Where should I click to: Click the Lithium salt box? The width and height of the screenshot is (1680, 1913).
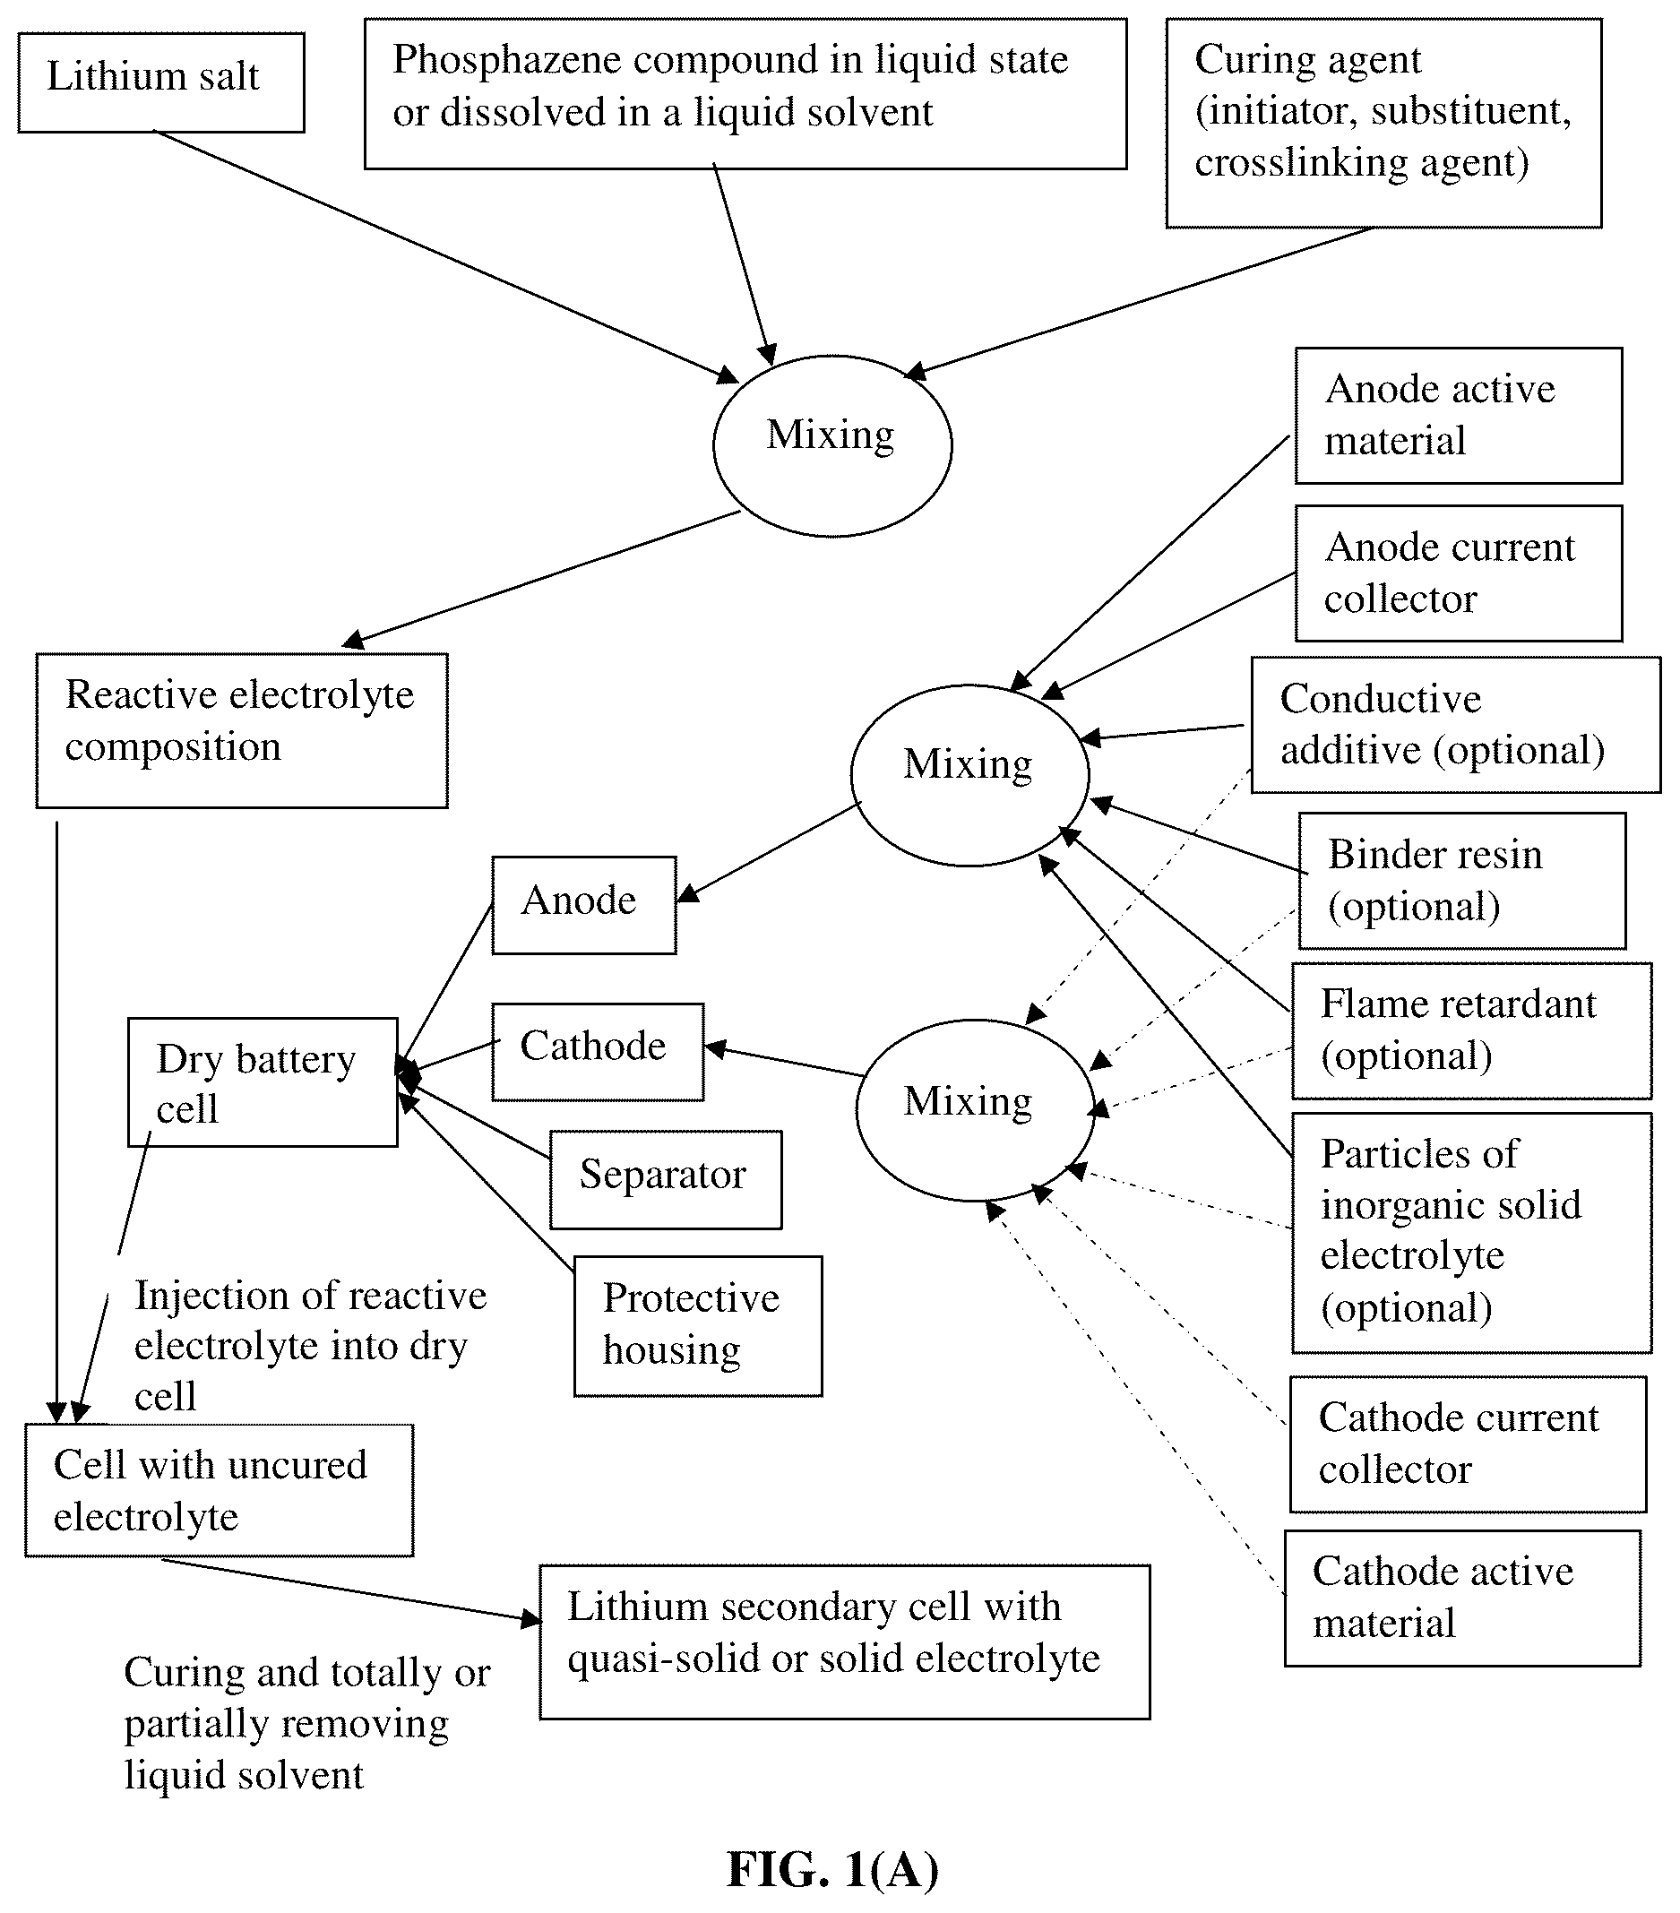[x=161, y=82]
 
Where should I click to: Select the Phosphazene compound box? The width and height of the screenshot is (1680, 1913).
[x=745, y=93]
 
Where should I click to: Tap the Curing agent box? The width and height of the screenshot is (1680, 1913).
[x=1383, y=124]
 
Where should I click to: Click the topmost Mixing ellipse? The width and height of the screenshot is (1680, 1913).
[x=832, y=445]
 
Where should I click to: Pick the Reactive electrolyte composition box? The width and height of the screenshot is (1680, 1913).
[x=241, y=730]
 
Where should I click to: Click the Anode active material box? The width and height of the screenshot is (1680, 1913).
[x=1458, y=416]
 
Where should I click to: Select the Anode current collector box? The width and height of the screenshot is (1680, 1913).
[x=1458, y=573]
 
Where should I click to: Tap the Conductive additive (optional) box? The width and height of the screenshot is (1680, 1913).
[x=1455, y=724]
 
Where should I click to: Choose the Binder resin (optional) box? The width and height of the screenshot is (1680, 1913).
[x=1462, y=881]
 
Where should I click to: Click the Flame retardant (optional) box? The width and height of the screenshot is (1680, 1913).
[x=1471, y=1030]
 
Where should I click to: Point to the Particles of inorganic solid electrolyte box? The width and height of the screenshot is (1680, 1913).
[x=1471, y=1233]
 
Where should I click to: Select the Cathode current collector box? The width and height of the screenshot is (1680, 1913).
[x=1468, y=1444]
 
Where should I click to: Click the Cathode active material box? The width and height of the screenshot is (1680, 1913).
[x=1462, y=1598]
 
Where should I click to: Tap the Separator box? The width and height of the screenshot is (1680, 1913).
[x=666, y=1179]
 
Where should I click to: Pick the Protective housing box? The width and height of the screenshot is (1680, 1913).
[x=698, y=1326]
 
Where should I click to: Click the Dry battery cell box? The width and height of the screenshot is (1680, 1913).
[x=262, y=1081]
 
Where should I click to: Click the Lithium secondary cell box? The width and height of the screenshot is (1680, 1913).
[x=844, y=1642]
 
